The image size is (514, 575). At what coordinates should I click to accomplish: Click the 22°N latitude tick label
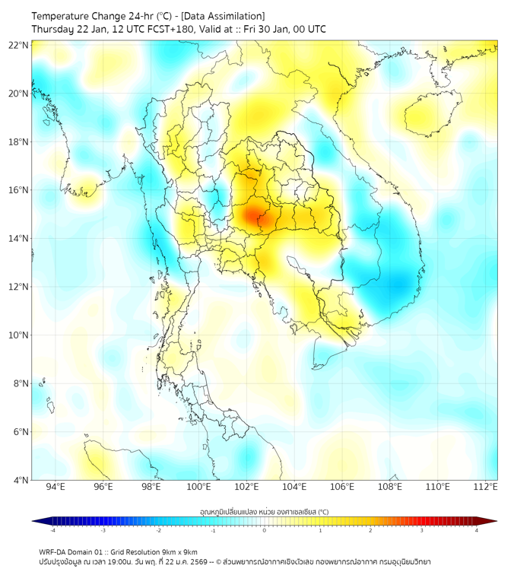pos(19,45)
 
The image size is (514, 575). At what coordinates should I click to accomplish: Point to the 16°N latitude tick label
pos(19,190)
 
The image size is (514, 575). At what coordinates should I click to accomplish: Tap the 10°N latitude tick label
pos(19,335)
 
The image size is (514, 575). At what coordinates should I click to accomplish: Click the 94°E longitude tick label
pos(56,487)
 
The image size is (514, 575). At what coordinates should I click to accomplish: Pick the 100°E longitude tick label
pos(199,487)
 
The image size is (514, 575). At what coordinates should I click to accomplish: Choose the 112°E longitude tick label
pos(486,487)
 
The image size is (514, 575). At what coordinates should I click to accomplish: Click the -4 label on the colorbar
pos(52,530)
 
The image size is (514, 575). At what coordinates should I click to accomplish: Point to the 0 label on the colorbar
pos(265,530)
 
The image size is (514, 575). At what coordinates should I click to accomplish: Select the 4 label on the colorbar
pos(476,530)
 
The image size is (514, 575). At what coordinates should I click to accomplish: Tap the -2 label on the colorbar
pos(157,530)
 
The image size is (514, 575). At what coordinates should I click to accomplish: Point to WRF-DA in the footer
pos(53,552)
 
